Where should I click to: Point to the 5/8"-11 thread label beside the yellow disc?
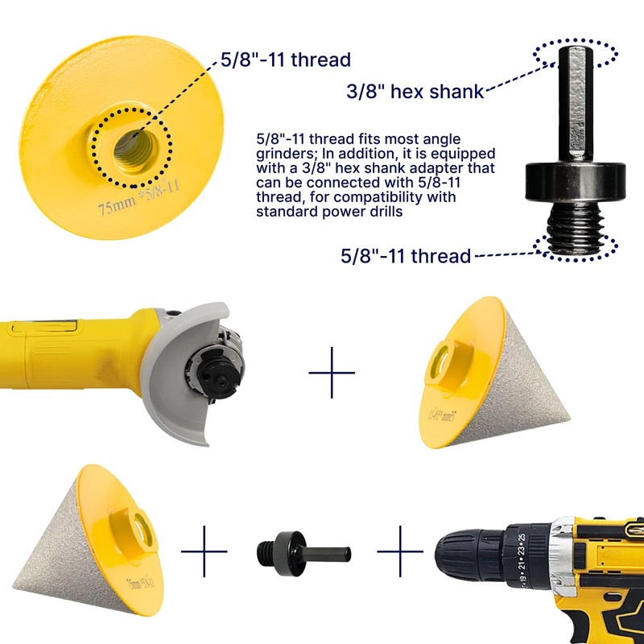pyautogui.click(x=286, y=60)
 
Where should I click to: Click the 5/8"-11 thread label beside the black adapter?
pyautogui.click(x=405, y=256)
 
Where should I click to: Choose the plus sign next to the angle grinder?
pyautogui.click(x=332, y=373)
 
